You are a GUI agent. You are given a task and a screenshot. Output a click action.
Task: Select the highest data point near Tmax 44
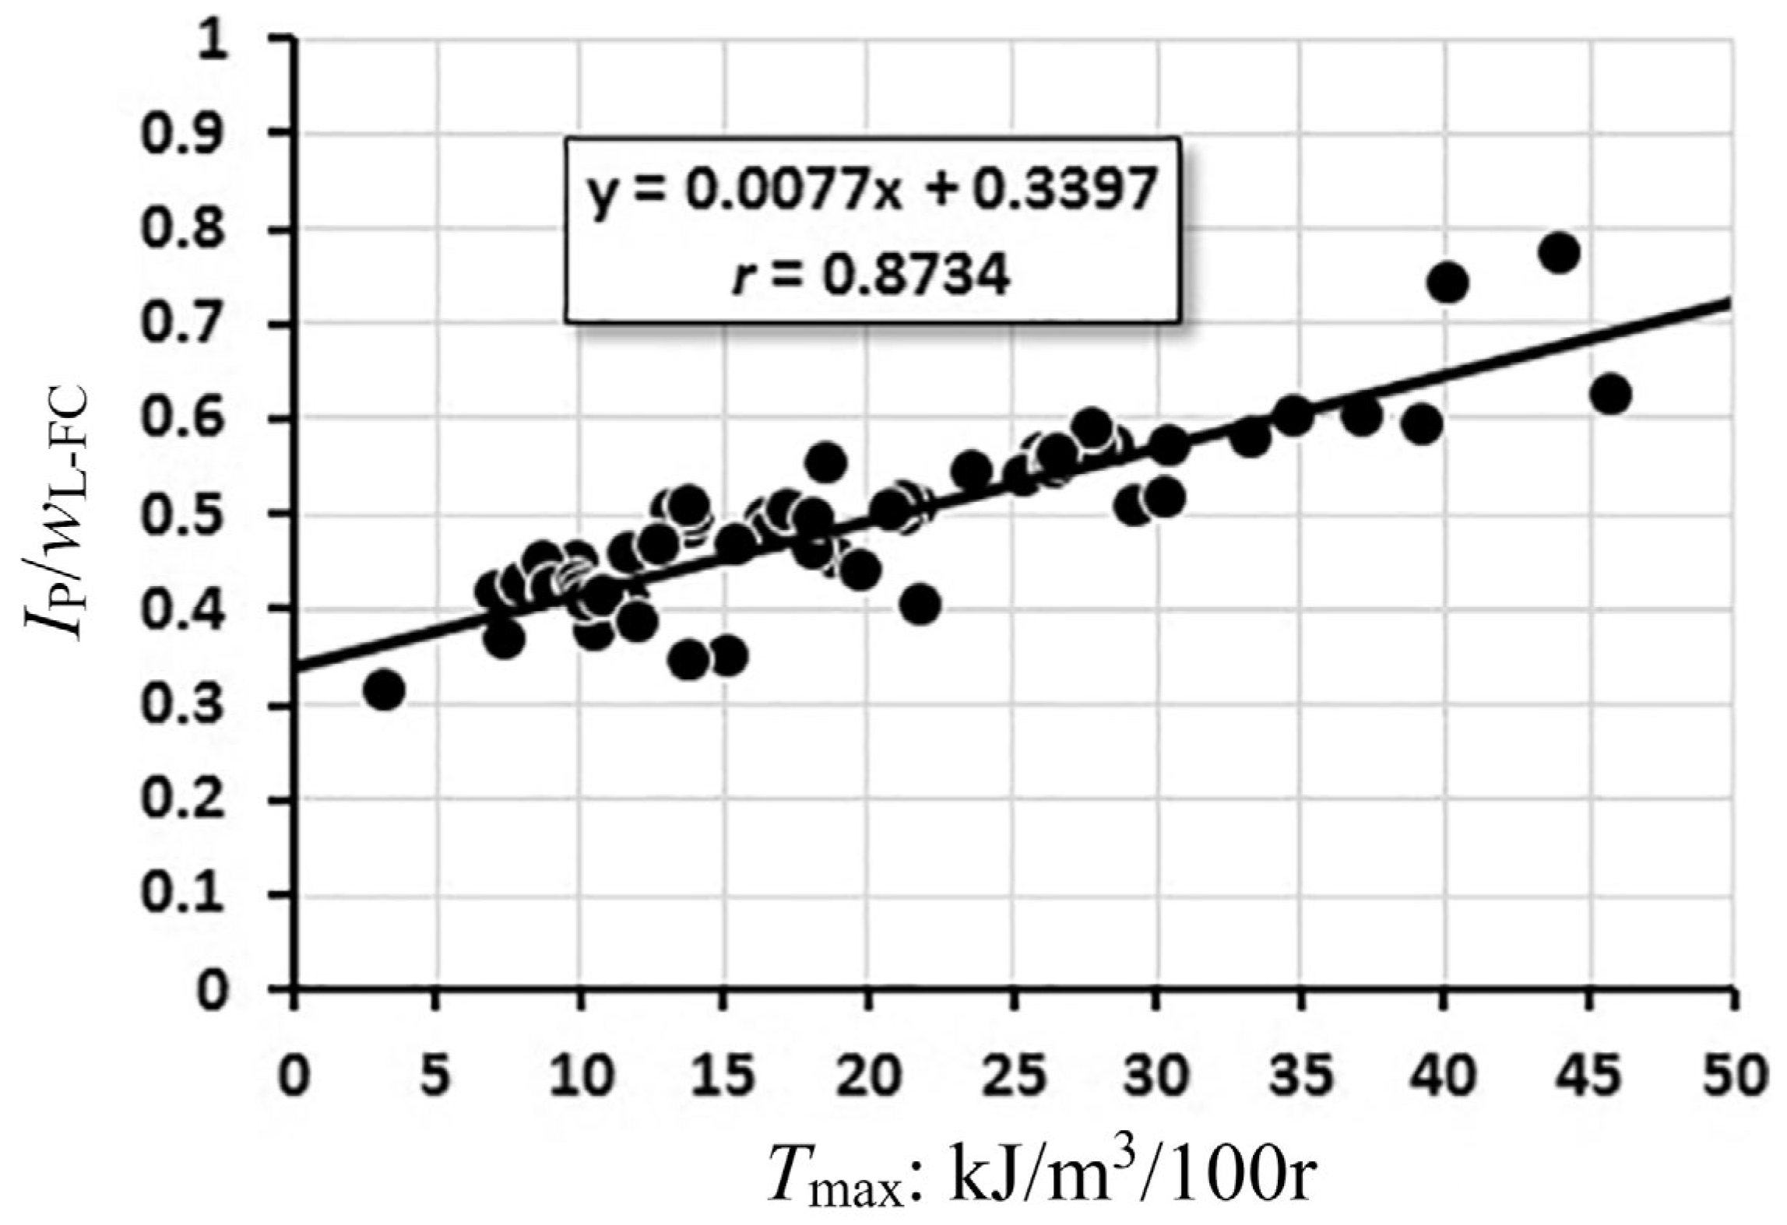click(1558, 254)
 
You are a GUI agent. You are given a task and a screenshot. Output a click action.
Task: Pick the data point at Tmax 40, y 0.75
click(1448, 283)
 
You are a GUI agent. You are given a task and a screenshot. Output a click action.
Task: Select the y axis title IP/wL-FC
click(58, 514)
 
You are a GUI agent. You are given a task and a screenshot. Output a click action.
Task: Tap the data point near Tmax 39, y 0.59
click(1422, 425)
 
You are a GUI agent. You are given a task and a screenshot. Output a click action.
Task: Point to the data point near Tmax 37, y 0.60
click(1361, 416)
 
